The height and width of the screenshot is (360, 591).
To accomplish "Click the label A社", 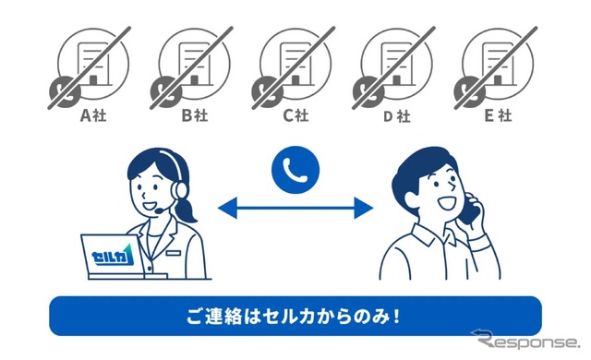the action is (93, 115).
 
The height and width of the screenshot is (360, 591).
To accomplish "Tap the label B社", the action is (195, 115).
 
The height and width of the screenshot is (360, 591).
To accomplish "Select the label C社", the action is (295, 115).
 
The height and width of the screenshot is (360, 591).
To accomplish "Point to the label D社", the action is (397, 116).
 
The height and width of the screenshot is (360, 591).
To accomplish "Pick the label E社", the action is (498, 115).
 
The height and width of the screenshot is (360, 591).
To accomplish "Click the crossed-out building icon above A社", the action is (90, 67).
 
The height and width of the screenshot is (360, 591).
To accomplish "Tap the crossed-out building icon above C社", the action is (294, 67).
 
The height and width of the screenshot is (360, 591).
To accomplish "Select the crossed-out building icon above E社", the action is (495, 67).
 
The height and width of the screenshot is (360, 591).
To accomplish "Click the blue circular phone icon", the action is (295, 170).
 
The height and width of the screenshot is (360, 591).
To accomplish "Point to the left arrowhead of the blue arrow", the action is (228, 208).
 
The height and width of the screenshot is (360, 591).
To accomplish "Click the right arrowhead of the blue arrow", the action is (364, 208).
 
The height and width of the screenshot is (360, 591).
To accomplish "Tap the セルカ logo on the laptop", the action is (113, 256).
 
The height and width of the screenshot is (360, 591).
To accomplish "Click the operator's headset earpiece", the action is (180, 190).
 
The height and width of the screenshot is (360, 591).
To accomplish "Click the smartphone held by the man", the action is (470, 210).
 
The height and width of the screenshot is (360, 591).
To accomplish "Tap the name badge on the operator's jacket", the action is (173, 253).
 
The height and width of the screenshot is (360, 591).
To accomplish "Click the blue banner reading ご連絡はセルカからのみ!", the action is (295, 316).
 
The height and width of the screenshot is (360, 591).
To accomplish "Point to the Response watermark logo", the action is (525, 340).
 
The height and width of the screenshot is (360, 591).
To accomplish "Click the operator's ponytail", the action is (187, 210).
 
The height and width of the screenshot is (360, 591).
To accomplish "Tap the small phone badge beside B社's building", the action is (166, 92).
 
